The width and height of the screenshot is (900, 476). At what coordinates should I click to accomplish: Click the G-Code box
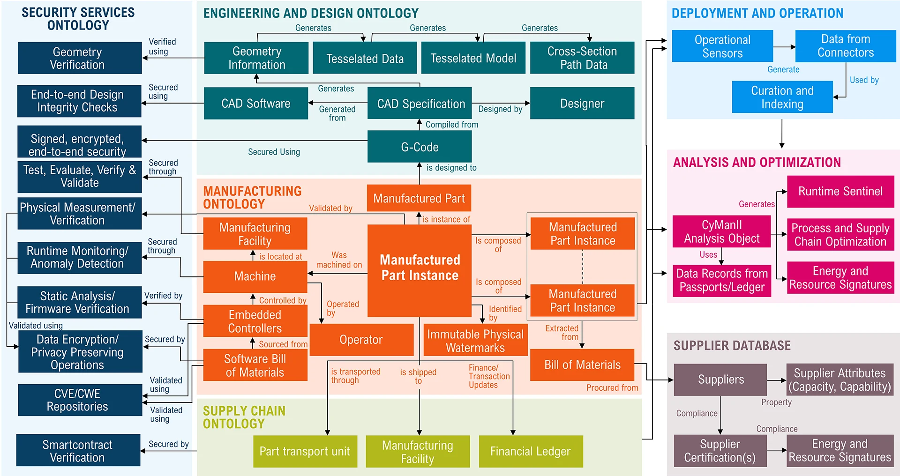pyautogui.click(x=420, y=147)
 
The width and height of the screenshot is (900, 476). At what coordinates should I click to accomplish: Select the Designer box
pyautogui.click(x=582, y=103)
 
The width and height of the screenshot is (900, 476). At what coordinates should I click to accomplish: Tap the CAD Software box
pyautogui.click(x=256, y=103)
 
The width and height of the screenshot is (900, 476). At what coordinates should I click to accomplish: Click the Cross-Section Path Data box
pyautogui.click(x=582, y=58)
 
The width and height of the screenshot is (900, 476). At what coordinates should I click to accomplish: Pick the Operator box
pyautogui.click(x=361, y=340)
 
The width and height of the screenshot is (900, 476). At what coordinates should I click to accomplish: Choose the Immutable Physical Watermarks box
pyautogui.click(x=475, y=341)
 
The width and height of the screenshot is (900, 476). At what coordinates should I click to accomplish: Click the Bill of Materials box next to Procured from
pyautogui.click(x=582, y=365)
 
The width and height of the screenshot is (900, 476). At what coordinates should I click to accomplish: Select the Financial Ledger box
pyautogui.click(x=531, y=451)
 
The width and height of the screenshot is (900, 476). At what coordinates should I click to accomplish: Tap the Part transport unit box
pyautogui.click(x=305, y=451)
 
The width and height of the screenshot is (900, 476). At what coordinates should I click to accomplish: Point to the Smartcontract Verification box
pyautogui.click(x=78, y=451)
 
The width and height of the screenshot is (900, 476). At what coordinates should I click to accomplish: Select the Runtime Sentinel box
pyautogui.click(x=840, y=191)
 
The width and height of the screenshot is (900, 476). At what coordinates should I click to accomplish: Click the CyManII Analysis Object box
pyautogui.click(x=722, y=231)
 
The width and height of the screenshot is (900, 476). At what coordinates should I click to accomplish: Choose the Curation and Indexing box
pyautogui.click(x=782, y=97)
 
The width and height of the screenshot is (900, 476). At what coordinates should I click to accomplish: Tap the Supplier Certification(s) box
pyautogui.click(x=720, y=451)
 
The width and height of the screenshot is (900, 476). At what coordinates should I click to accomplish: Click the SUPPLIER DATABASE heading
pyautogui.click(x=732, y=346)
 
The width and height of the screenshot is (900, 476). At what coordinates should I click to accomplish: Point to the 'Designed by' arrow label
pyautogui.click(x=500, y=109)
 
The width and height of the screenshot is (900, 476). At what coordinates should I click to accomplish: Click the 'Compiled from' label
pyautogui.click(x=451, y=125)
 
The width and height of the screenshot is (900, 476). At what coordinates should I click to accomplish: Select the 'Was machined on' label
pyautogui.click(x=339, y=260)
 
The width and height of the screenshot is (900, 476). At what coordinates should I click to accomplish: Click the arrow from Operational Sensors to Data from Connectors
pyautogui.click(x=784, y=47)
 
